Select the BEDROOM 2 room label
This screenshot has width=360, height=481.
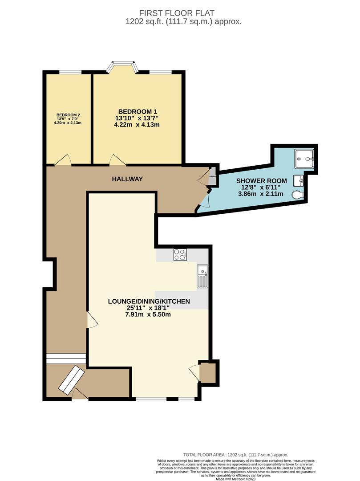click(68, 115)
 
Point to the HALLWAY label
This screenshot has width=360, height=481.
click(127, 179)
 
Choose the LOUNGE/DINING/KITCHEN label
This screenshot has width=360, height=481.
click(149, 302)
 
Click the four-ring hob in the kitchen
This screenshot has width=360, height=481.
click(180, 255)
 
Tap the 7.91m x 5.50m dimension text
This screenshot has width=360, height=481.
click(149, 314)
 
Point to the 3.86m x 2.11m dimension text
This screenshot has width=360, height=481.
click(258, 195)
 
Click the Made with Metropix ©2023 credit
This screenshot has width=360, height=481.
click(235, 479)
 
